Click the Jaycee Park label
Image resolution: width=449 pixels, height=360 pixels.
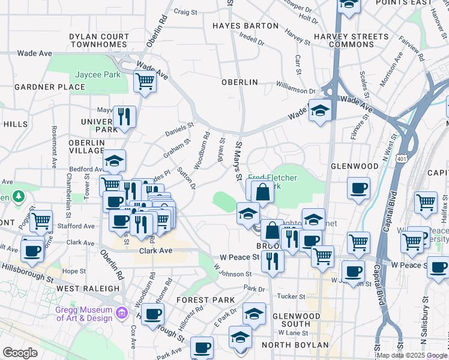[98, 75]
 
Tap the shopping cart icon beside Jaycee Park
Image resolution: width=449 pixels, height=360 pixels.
[144, 80]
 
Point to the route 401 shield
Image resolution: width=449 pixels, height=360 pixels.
[401, 156]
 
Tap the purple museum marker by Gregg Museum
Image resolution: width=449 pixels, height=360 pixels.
[122, 312]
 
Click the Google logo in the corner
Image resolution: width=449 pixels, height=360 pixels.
[20, 352]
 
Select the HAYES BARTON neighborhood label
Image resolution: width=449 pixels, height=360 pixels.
[246, 26]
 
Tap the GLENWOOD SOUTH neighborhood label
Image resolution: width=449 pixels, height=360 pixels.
[296, 320]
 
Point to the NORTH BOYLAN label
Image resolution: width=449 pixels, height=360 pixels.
[295, 345]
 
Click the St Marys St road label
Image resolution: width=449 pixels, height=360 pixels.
[238, 161]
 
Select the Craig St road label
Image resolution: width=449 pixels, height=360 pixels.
[185, 11]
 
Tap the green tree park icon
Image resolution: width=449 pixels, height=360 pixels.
[19, 196]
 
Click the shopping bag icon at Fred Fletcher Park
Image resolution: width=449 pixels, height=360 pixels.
[262, 193]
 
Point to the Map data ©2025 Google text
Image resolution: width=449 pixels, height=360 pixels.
[412, 355]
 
